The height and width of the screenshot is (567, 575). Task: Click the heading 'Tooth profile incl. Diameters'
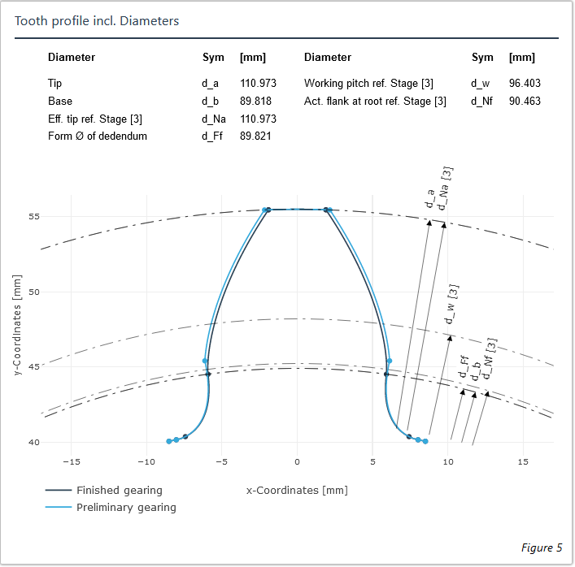(x=97, y=20)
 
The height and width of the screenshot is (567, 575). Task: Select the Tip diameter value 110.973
(x=258, y=84)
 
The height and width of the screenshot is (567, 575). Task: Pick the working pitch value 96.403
(x=525, y=84)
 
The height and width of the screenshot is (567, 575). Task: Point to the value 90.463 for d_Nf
(x=525, y=102)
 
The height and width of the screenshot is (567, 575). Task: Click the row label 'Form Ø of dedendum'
(x=98, y=136)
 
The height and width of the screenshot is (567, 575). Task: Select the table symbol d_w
(x=480, y=84)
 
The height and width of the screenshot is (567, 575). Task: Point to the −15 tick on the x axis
(x=72, y=462)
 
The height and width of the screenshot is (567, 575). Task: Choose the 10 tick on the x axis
(x=447, y=462)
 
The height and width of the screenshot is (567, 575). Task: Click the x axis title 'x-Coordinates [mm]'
(x=297, y=491)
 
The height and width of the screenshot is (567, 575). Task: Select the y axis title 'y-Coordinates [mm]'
(x=18, y=325)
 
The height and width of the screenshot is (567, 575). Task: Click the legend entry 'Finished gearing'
(x=119, y=491)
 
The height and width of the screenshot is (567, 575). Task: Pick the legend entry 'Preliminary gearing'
(x=126, y=508)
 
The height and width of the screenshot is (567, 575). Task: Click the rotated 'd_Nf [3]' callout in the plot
(x=489, y=358)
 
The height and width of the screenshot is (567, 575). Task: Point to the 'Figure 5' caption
(x=541, y=548)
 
